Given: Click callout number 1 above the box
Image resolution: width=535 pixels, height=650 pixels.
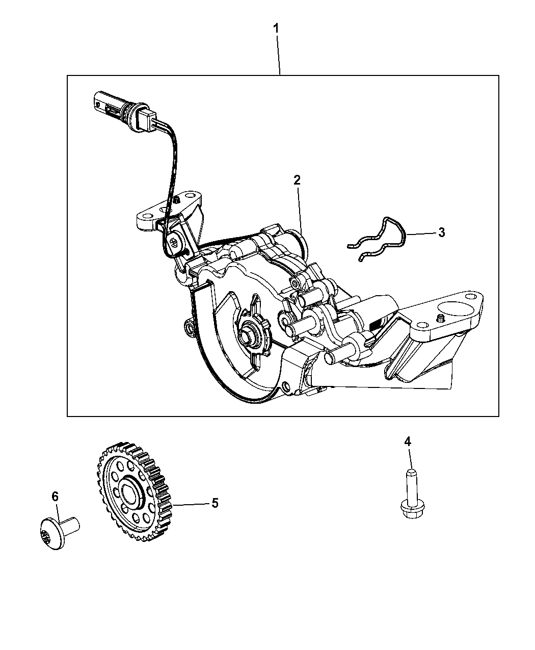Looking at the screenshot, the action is (x=276, y=29).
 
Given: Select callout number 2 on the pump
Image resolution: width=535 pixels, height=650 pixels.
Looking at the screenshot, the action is (x=297, y=180).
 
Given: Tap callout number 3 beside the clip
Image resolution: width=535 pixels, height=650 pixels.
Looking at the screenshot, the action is (x=441, y=232).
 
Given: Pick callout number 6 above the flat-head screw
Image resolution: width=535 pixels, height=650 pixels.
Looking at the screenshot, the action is (x=55, y=497).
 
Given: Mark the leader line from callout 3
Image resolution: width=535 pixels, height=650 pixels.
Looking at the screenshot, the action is (x=421, y=234).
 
